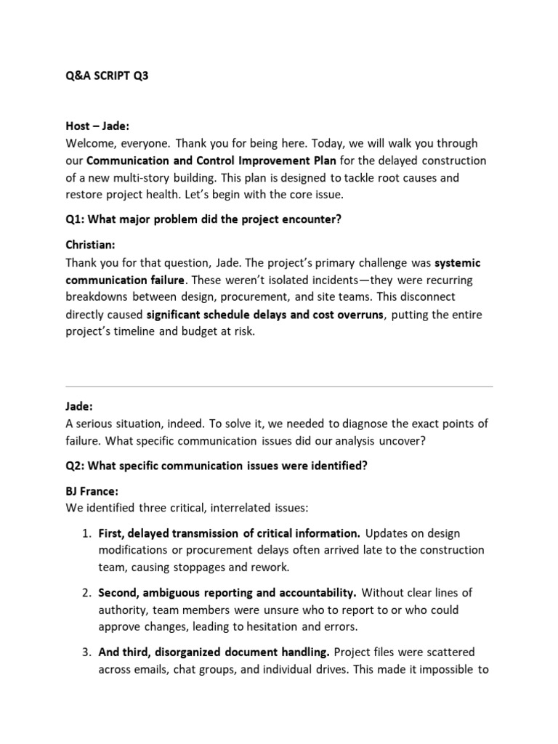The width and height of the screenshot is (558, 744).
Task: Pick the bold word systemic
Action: pos(458,263)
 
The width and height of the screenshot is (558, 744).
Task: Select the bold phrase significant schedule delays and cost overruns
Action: pos(264,315)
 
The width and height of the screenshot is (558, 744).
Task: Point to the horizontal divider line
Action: pos(279,386)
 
